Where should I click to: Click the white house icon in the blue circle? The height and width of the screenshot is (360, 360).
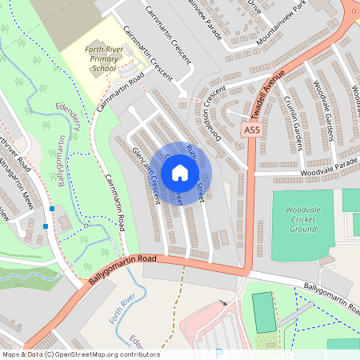180,172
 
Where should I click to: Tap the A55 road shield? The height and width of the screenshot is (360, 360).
252,130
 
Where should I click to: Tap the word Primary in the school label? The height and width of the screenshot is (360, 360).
106,58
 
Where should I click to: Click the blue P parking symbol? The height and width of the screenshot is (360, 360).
219,354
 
